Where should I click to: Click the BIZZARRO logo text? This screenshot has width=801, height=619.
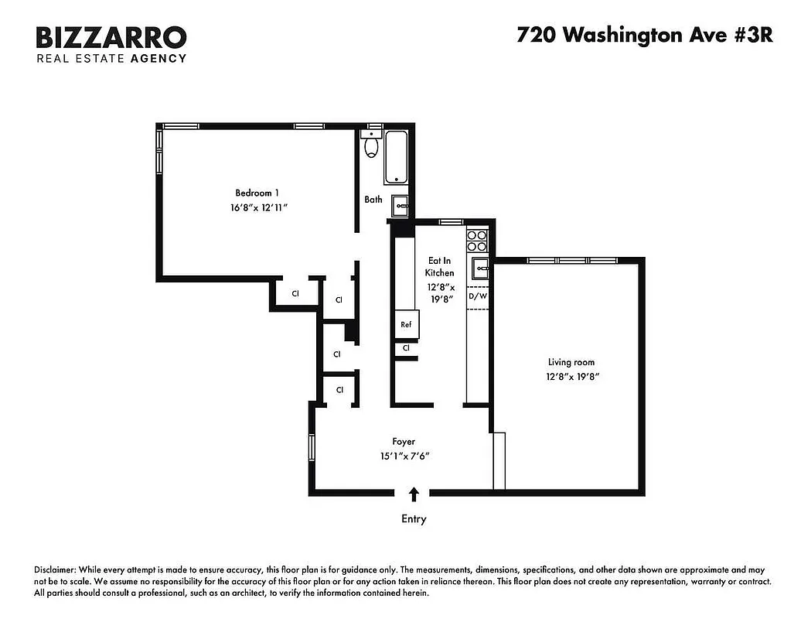pos(111,37)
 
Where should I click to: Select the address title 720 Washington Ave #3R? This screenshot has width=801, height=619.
pos(644,36)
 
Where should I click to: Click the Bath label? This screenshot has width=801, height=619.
pos(373,200)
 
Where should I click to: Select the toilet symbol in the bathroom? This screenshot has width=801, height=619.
pos(371,145)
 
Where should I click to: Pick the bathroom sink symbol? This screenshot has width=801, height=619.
pos(400,205)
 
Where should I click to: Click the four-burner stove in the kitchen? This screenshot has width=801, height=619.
pos(477,241)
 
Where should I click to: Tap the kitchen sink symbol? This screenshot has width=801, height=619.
pos(479,270)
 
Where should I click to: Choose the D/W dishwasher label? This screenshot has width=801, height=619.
pos(479,296)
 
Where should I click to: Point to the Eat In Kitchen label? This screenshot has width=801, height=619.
pos(440,267)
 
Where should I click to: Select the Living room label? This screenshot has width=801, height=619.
pos(571,362)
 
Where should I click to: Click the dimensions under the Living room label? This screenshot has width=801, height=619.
pos(571,376)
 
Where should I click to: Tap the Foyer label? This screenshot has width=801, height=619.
pos(404,442)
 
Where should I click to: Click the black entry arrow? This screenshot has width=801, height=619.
pos(414,494)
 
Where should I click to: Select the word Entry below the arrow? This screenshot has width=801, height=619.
pos(414,519)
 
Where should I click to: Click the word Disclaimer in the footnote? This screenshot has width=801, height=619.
pos(57,569)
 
